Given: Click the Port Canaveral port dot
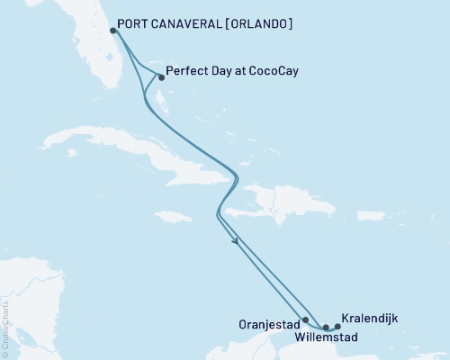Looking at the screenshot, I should (112, 30).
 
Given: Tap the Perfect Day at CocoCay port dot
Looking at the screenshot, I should (159, 77).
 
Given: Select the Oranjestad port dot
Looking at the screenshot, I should (306, 319).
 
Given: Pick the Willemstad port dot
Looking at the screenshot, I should (327, 327).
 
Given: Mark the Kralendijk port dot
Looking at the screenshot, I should (337, 326).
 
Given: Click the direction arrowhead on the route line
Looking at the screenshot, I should (236, 241).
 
